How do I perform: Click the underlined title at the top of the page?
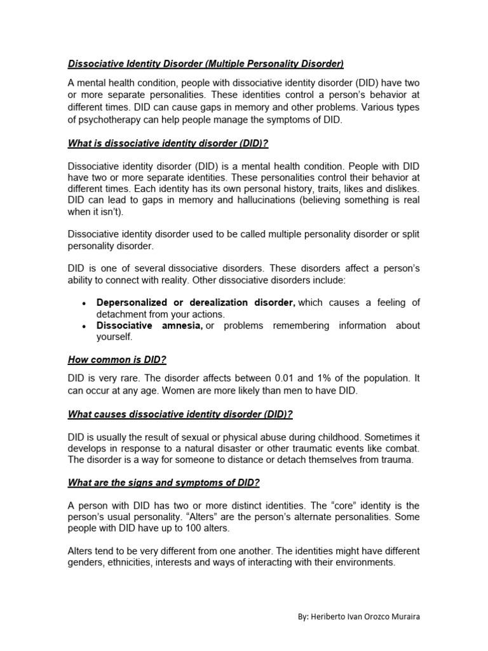(x=205, y=64)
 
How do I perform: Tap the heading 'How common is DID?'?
(x=117, y=360)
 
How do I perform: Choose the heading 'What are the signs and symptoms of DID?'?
(x=163, y=483)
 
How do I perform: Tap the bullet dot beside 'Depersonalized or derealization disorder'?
(x=84, y=303)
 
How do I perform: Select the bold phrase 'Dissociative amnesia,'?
(x=149, y=325)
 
